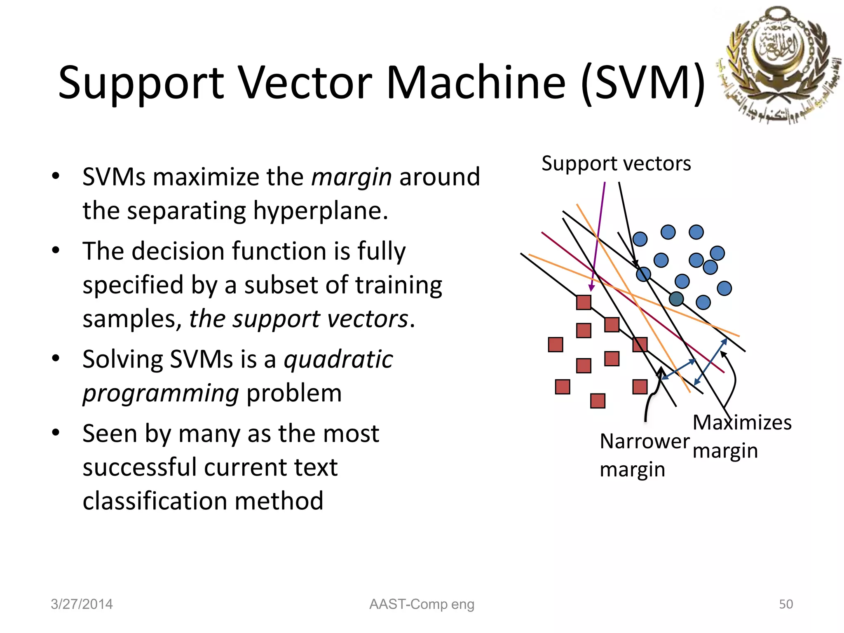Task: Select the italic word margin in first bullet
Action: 351,178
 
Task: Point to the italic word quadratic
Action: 338,359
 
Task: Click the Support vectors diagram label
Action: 616,164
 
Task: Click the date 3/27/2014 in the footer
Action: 82,604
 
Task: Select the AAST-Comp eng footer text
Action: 422,604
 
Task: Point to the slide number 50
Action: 785,604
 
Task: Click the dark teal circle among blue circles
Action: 676,299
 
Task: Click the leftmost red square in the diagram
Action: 556,345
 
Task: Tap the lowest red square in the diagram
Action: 598,401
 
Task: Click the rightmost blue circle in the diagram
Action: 724,288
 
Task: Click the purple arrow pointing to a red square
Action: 598,235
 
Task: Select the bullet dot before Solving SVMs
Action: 56,358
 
